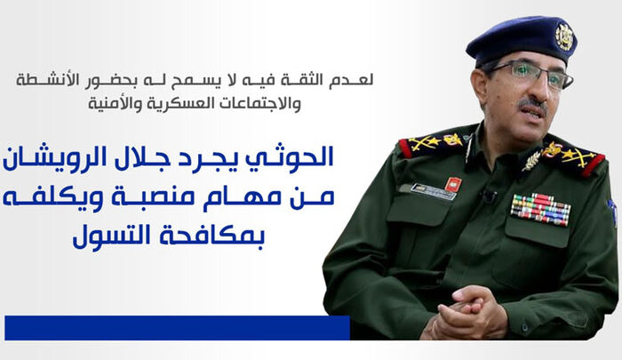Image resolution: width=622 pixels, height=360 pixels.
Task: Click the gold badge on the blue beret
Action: coord(563,35)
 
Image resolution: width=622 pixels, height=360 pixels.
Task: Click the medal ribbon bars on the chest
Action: coord(539,209)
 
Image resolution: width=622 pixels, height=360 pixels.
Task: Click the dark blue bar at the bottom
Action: coord(177,327)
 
